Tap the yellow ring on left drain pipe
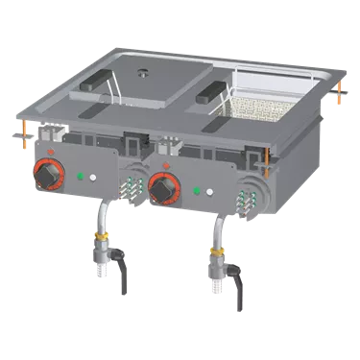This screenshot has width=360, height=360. pyautogui.click(x=103, y=232)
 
